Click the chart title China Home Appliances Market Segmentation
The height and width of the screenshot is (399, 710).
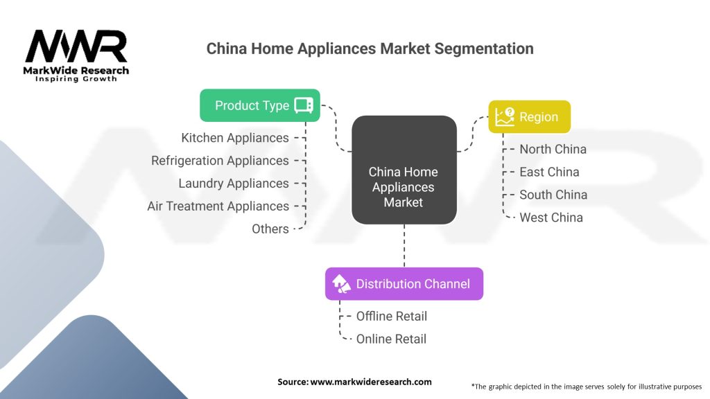point(370,48)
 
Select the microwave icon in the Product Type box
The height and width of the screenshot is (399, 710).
point(303,105)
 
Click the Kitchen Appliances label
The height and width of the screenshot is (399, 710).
point(235,138)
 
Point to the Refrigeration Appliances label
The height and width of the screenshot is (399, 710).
point(220,161)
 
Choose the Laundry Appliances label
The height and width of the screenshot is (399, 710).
point(234,184)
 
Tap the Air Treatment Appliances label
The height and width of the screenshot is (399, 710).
point(218,206)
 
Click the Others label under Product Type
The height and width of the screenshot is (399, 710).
point(270,229)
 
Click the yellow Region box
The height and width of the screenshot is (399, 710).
point(529,116)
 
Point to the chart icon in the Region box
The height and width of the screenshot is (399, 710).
point(505,116)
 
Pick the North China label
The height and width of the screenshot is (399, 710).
point(553,149)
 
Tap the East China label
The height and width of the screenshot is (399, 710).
point(549,172)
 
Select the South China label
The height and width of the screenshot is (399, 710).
point(553,195)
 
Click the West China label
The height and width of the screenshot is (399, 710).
point(551,218)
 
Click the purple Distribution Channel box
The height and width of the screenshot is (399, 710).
point(404,283)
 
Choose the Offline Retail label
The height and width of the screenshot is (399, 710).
point(391,316)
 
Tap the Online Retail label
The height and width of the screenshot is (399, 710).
point(391,339)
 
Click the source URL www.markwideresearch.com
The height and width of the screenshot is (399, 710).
point(372,382)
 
